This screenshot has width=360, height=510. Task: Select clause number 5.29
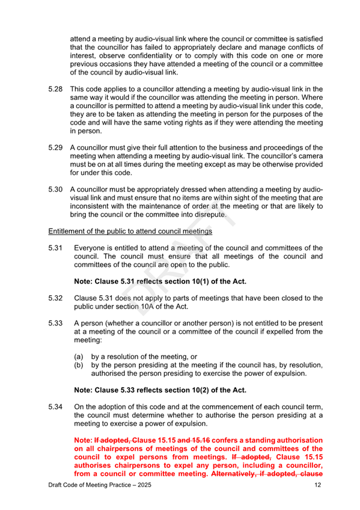[56, 148]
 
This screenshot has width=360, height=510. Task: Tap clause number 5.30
[56, 189]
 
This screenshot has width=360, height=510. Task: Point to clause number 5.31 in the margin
[56, 248]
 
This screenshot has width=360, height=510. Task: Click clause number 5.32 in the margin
[56, 298]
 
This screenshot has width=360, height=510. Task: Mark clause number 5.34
[56, 407]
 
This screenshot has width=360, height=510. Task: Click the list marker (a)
[79, 356]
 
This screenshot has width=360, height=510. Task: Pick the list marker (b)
[79, 364]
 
